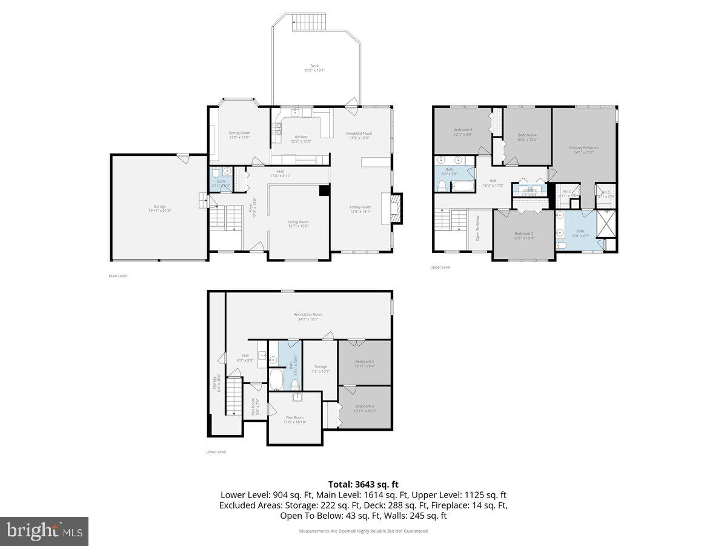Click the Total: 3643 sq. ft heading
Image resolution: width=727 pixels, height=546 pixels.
[363, 484]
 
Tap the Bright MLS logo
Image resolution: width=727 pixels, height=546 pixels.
[44, 531]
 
